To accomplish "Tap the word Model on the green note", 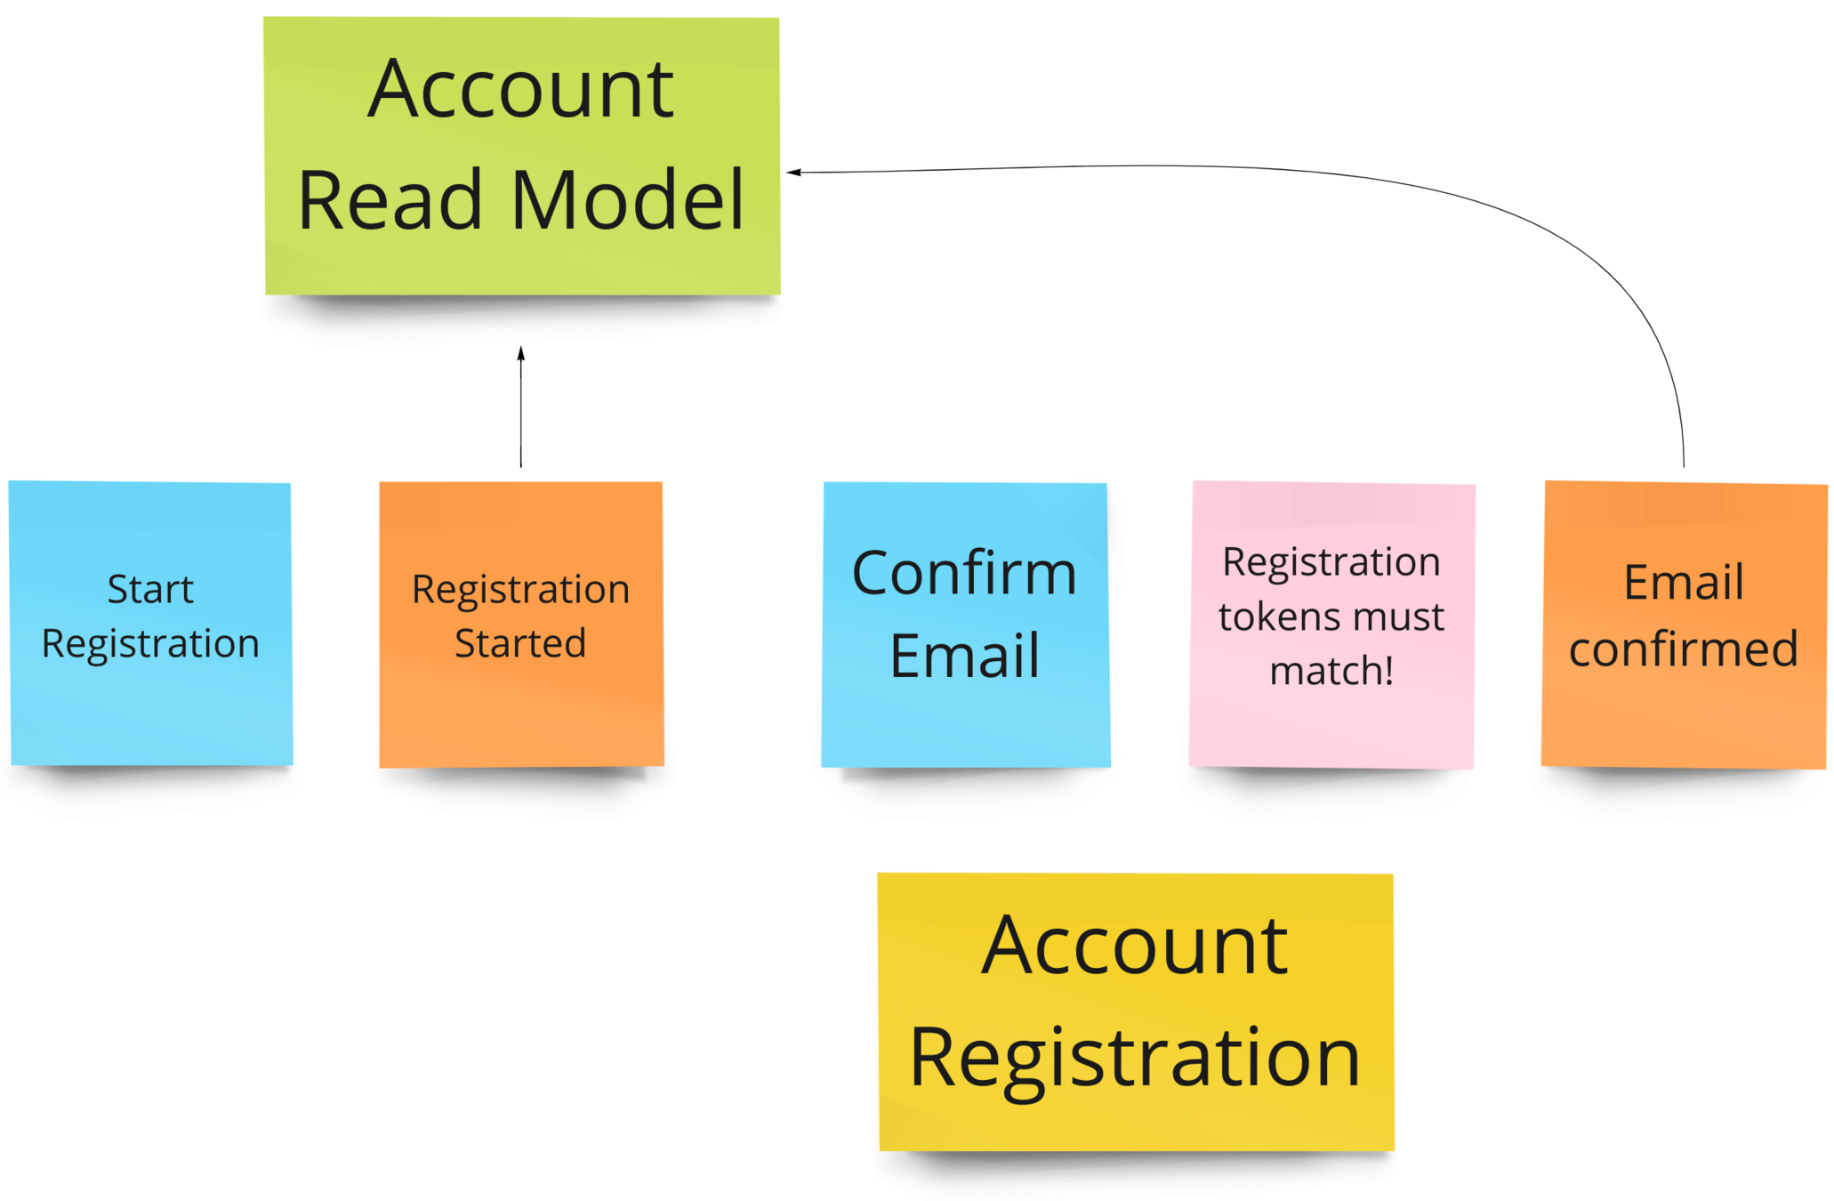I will (x=628, y=200).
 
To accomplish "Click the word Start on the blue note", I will (x=150, y=589).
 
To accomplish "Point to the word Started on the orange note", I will (x=520, y=643).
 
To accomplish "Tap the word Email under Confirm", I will (x=964, y=657).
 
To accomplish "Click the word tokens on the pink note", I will (x=1270, y=617).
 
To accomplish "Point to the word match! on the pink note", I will (x=1331, y=671).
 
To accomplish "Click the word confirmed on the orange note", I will (x=1683, y=649).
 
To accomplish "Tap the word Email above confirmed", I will (x=1683, y=583).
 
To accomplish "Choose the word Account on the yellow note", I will (x=1135, y=946).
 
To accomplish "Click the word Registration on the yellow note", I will (x=1135, y=1058).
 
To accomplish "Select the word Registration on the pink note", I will (x=1331, y=562).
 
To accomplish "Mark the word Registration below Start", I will (x=150, y=644).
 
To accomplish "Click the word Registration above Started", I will (x=520, y=590).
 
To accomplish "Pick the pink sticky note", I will (x=1331, y=729).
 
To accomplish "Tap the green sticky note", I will (x=521, y=267).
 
